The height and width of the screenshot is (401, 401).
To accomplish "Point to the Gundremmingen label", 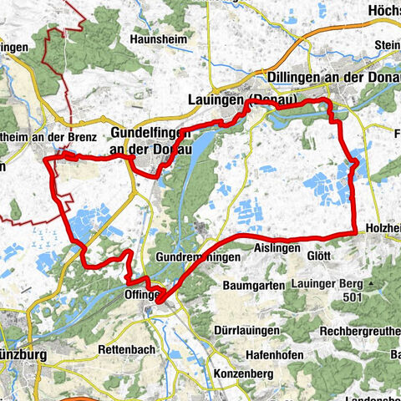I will pos(197,258).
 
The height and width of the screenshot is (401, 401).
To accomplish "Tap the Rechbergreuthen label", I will pos(360,328).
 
